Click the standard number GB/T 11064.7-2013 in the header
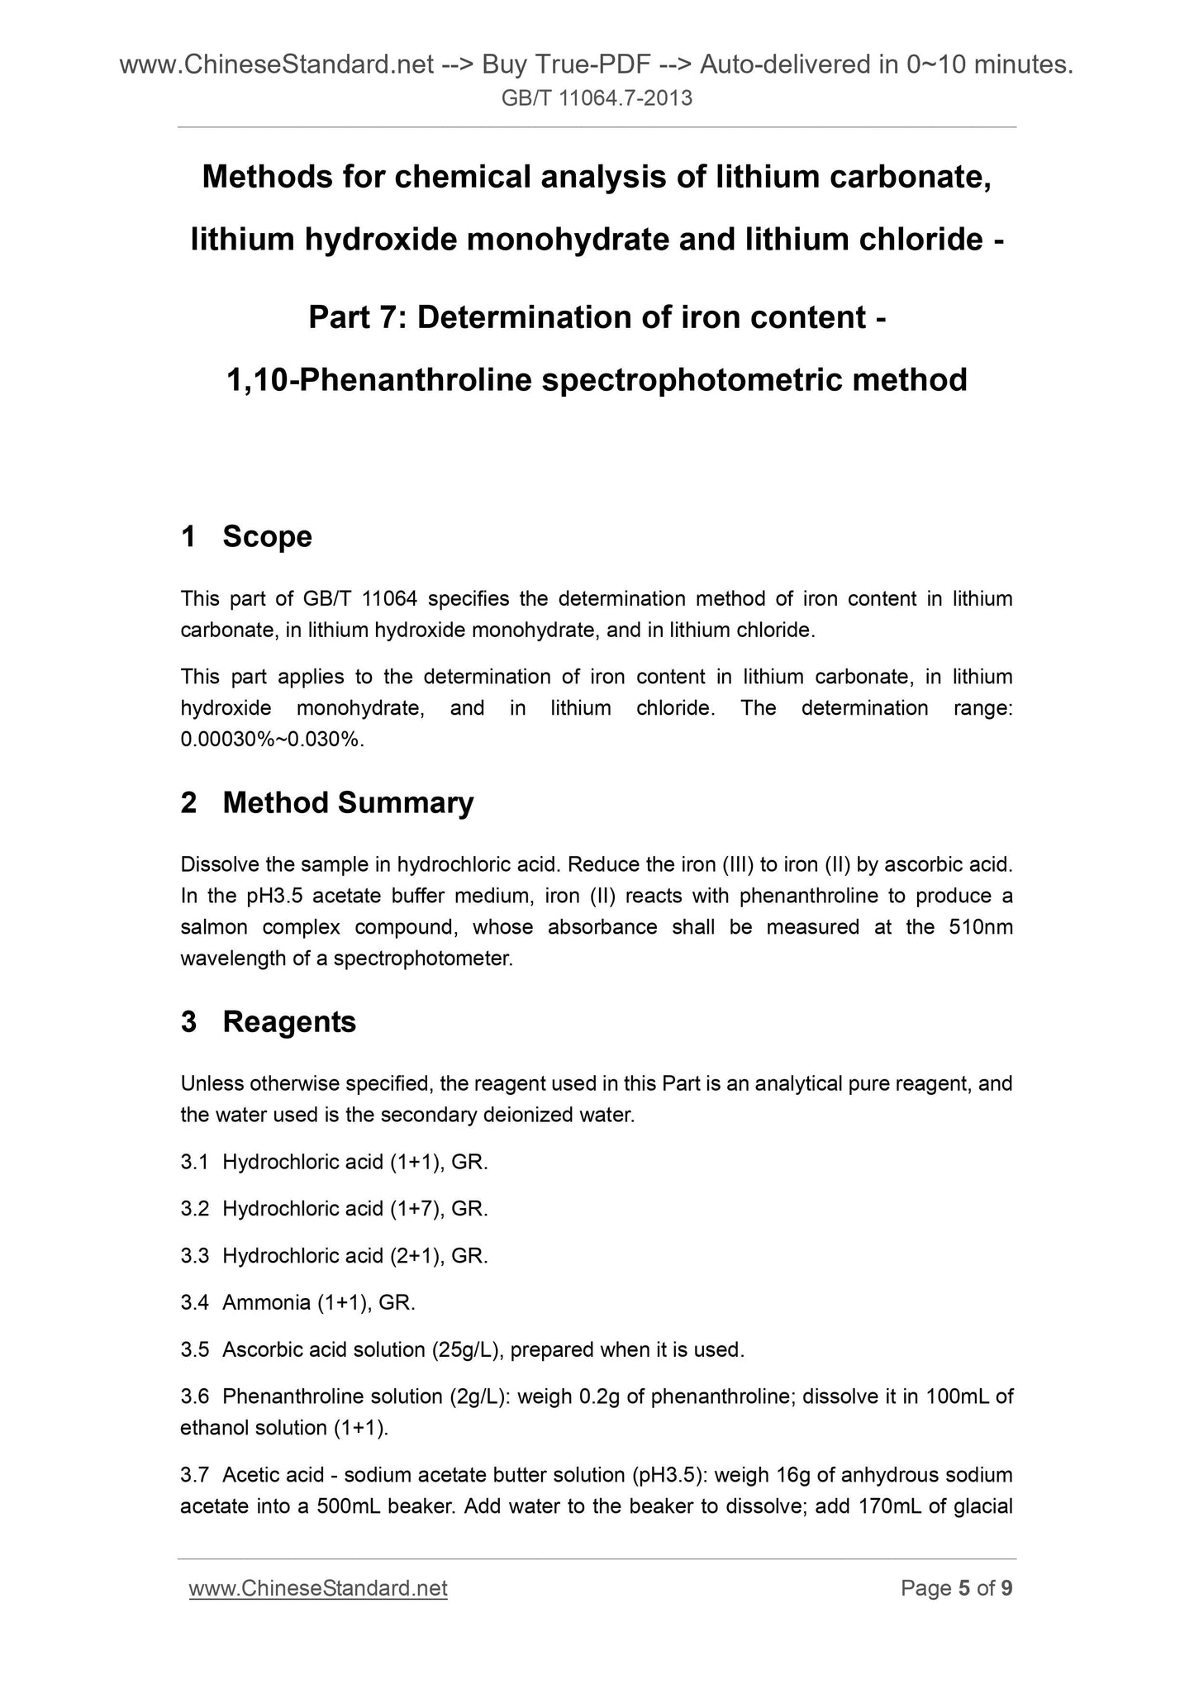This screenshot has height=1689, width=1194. pyautogui.click(x=597, y=99)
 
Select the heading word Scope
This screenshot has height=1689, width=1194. pyautogui.click(x=267, y=536)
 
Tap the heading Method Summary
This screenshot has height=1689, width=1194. pyautogui.click(x=348, y=802)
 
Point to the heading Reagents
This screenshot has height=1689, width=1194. pyautogui.click(x=289, y=1022)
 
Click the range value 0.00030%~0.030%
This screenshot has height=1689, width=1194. pyautogui.click(x=271, y=740)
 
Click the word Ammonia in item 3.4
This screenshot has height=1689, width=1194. pyautogui.click(x=266, y=1303)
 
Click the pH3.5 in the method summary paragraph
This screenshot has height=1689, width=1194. pyautogui.click(x=291, y=896)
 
